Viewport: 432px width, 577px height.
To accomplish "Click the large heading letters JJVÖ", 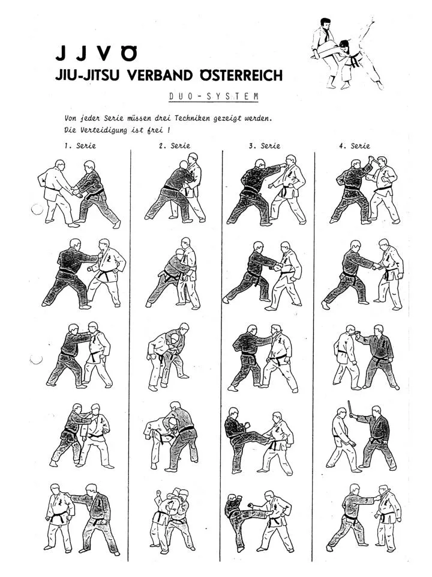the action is [x=97, y=53].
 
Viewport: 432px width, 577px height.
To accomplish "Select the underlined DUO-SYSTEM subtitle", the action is [x=214, y=96].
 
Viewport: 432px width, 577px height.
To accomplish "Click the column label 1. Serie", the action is [x=80, y=145].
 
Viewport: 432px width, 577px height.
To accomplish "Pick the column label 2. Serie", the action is [x=175, y=145].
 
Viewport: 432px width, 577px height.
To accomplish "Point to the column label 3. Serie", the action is [x=265, y=145].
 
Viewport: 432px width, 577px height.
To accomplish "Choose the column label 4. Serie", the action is [x=355, y=145].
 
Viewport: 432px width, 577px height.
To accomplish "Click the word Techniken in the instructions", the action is [x=193, y=118].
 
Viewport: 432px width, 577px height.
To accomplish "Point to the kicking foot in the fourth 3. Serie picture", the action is [x=271, y=441].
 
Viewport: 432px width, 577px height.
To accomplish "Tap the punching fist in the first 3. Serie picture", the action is [x=283, y=166].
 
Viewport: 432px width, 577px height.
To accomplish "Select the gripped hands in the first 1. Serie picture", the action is [x=77, y=192].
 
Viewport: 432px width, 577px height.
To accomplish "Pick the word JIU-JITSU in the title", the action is [x=89, y=76].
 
